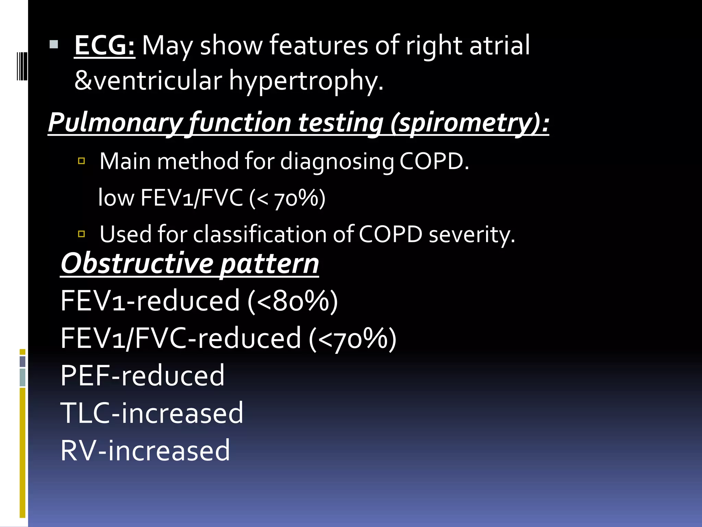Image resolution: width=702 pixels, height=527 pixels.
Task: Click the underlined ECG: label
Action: (105, 46)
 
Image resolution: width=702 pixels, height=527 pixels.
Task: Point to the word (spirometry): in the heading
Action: (470, 123)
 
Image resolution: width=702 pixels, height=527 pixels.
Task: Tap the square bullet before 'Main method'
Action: (82, 161)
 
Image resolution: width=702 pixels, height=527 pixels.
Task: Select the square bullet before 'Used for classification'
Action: (82, 234)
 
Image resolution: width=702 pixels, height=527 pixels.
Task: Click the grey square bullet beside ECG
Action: (54, 44)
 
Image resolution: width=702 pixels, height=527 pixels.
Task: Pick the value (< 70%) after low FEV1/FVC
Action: (287, 198)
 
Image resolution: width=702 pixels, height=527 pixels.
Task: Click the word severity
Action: (472, 235)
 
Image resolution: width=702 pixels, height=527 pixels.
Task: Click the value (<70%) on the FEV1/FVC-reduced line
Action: (352, 338)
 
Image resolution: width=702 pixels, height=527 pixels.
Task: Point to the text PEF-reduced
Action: (142, 376)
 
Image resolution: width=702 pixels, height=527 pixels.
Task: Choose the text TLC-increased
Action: (152, 413)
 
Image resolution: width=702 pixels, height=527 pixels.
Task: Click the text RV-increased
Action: (145, 450)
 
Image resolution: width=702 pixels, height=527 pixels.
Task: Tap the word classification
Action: (259, 235)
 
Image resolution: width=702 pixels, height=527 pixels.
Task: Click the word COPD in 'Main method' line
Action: (434, 161)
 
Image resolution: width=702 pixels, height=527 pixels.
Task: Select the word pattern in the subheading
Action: (269, 263)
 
